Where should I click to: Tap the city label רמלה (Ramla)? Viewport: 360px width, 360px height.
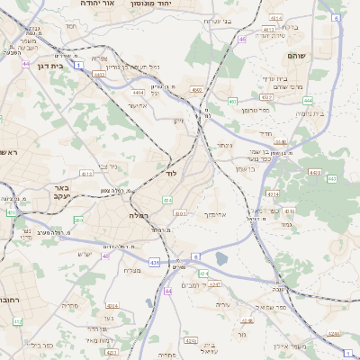[x=138, y=216]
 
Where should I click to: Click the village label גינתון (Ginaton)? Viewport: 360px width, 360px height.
[x=224, y=145]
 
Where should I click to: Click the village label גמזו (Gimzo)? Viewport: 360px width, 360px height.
[x=286, y=224]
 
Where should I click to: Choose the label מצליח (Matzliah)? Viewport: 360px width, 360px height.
[x=130, y=270]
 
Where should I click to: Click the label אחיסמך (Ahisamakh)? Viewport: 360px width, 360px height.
[x=231, y=215]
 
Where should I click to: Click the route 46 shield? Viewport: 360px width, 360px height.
[x=242, y=39]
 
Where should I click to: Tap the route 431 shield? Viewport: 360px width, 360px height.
[x=155, y=262]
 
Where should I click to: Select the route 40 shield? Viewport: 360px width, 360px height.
[x=104, y=256]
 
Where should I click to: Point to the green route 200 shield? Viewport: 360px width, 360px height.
[x=78, y=220]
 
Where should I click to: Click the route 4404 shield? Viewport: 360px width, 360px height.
[x=138, y=92]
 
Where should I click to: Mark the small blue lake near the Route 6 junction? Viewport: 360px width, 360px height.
[x=220, y=260]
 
